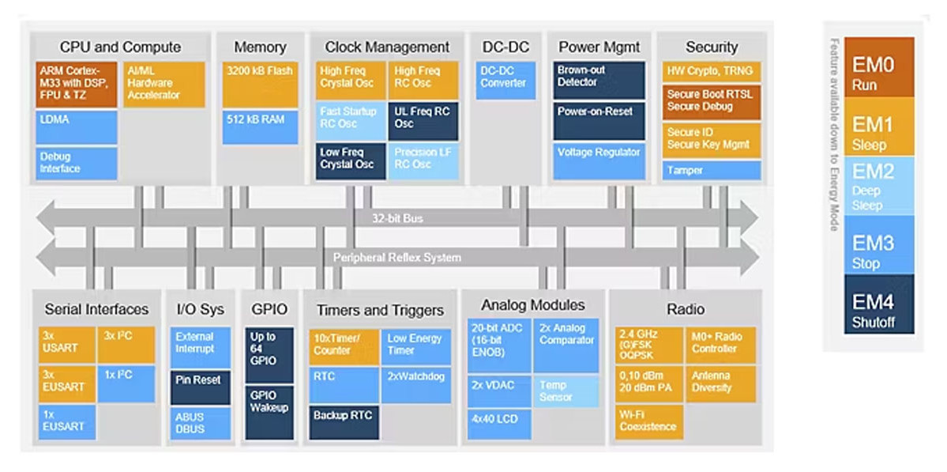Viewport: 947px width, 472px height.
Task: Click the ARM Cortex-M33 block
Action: (x=76, y=84)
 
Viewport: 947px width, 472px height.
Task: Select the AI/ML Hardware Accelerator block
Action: (x=164, y=84)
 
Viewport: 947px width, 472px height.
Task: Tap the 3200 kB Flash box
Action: (x=260, y=84)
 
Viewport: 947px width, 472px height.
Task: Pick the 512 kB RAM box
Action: (x=260, y=127)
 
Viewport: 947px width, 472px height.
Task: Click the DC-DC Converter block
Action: (x=505, y=81)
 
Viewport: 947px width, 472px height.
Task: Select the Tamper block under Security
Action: (x=712, y=171)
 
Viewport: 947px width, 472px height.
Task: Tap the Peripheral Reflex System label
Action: (x=396, y=258)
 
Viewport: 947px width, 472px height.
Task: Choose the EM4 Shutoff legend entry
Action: (x=879, y=304)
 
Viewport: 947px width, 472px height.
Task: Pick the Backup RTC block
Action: (x=344, y=422)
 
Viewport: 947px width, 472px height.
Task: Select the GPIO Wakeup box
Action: (x=269, y=412)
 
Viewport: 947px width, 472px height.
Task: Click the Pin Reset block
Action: (x=200, y=387)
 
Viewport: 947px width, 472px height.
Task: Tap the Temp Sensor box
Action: (x=566, y=391)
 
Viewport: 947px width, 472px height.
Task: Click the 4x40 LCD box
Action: (x=499, y=425)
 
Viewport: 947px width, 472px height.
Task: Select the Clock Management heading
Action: (x=387, y=47)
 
